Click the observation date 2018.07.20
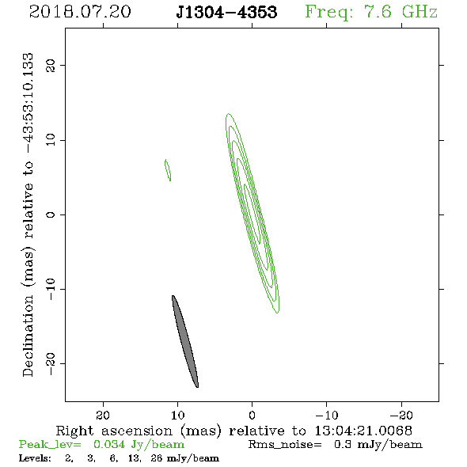(x=80, y=12)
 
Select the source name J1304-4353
(x=226, y=12)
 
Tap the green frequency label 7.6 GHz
(x=401, y=12)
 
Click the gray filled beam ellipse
(x=185, y=341)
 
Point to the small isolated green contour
(x=168, y=170)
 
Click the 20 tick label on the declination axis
(x=51, y=65)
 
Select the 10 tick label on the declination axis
(x=51, y=140)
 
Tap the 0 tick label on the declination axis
(x=51, y=215)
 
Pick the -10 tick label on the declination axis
(x=51, y=289)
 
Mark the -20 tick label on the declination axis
(x=51, y=363)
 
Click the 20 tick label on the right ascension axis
(x=103, y=415)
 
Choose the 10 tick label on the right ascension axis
(x=178, y=415)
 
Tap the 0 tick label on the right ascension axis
(x=252, y=415)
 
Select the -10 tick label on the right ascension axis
(x=327, y=415)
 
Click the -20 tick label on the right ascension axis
(x=401, y=415)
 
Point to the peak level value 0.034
(x=109, y=444)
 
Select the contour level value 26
(x=157, y=458)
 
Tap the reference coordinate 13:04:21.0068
(x=363, y=431)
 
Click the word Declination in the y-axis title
(x=28, y=336)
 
